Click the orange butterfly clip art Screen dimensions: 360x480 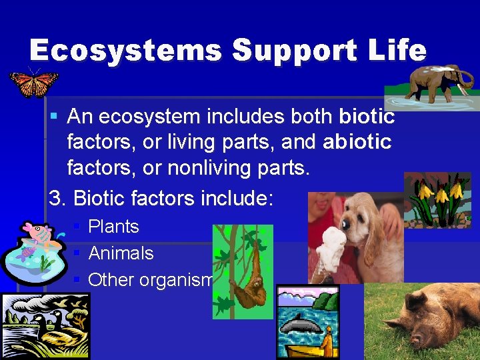33,83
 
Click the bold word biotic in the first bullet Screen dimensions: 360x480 367,117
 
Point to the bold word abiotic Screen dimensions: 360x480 357,143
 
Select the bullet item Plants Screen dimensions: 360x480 113,227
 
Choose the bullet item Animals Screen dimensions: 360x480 121,253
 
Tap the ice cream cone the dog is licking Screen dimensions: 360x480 331,250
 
